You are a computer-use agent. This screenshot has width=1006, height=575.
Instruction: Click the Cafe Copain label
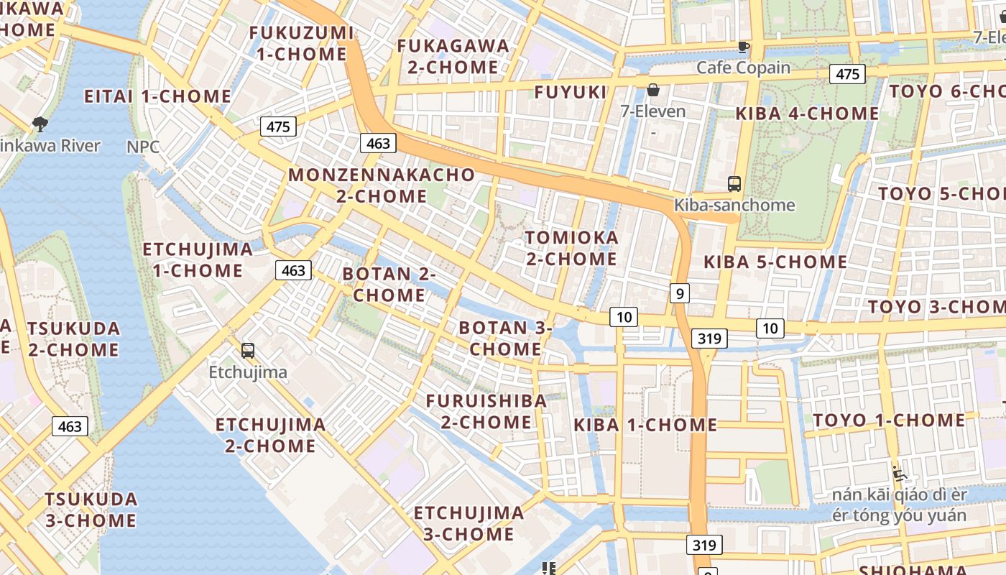pos(743,68)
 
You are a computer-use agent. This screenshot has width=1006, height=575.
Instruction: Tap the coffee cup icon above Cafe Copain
pos(744,47)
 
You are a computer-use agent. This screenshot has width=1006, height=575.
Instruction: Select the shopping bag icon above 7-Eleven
pos(653,90)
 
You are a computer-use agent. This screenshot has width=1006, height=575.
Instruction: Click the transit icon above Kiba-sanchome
pos(734,184)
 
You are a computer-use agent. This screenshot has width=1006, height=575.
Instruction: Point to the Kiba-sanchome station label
pos(734,205)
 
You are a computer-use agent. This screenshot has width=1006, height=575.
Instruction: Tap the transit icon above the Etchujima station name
pos(248,351)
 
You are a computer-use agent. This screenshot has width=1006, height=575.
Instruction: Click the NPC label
pos(143,147)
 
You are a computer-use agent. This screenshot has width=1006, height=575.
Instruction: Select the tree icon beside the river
pos(40,124)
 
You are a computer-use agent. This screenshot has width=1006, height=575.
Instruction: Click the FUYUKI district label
pos(571,92)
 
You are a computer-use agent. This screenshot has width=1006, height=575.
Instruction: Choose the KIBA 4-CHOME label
pos(807,114)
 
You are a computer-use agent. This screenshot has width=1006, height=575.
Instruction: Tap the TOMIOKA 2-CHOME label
pos(571,248)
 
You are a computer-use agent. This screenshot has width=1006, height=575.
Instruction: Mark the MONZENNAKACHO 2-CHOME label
pos(382,185)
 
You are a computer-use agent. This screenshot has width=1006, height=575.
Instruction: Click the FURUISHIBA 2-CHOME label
pos(486,411)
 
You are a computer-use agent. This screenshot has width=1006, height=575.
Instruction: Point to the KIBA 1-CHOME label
pos(645,425)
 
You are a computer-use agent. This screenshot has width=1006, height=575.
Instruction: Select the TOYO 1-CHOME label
pos(889,420)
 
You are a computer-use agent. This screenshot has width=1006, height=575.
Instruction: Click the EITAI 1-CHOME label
pos(157,96)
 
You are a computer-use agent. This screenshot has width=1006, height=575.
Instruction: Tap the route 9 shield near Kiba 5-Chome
pos(679,293)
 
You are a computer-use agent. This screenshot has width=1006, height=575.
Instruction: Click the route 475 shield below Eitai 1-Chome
pos(278,127)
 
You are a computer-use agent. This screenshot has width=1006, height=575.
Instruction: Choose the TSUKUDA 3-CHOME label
pos(91,510)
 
